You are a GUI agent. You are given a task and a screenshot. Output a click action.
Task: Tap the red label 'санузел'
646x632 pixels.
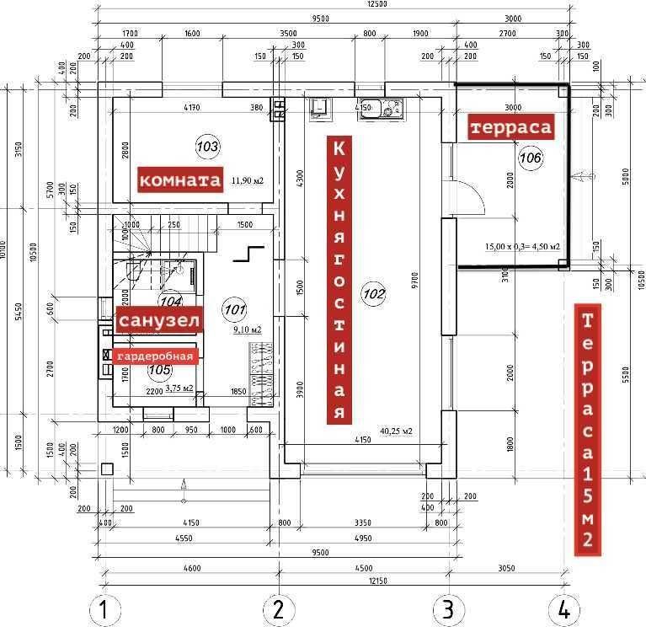[160, 321]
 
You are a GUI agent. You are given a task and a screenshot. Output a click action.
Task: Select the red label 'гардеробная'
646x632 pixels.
[154, 356]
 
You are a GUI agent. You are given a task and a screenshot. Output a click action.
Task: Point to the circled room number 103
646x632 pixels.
[207, 147]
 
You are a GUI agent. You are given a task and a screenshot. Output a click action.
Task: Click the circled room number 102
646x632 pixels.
[373, 293]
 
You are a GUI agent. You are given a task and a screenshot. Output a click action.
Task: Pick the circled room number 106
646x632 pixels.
[530, 158]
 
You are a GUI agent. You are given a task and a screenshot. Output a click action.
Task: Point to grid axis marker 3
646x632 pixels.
[449, 609]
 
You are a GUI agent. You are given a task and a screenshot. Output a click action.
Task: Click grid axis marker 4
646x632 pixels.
[563, 609]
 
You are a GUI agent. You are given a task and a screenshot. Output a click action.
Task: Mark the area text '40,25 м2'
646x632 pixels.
[396, 431]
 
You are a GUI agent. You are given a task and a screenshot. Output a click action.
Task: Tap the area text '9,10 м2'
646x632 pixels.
[245, 330]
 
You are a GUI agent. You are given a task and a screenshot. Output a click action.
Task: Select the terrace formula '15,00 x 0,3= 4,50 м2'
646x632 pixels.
[522, 247]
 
